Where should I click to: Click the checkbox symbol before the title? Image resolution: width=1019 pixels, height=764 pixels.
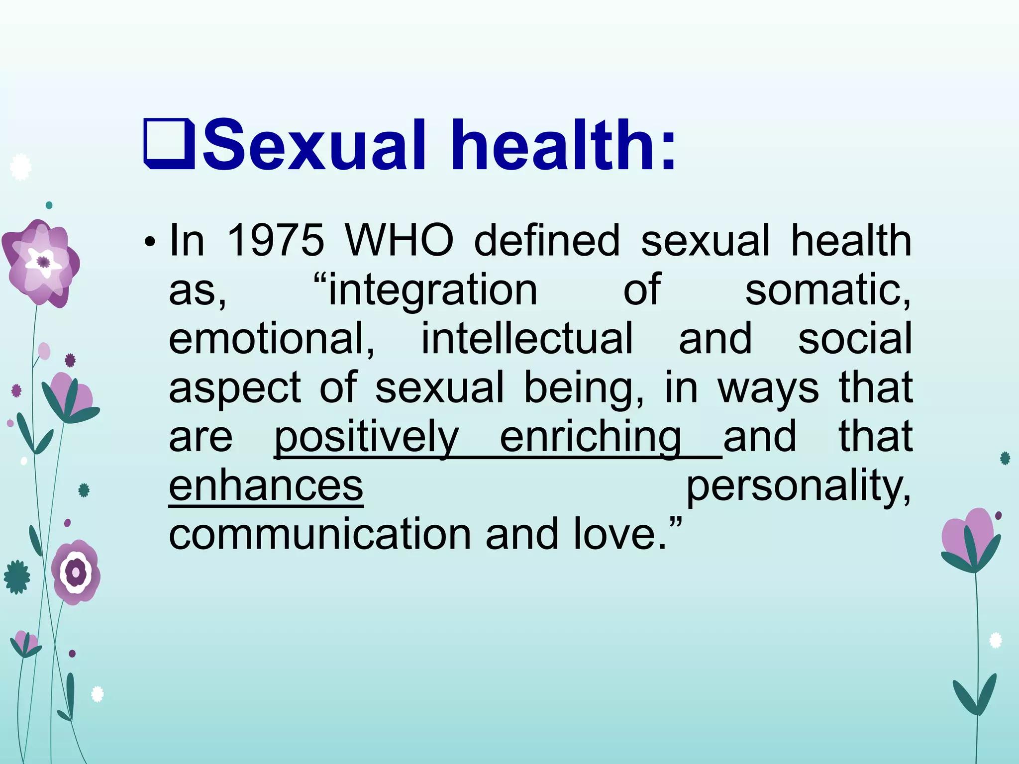coord(169,145)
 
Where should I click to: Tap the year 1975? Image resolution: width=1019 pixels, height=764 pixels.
coord(275,241)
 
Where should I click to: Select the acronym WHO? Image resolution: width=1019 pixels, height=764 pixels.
coord(399,241)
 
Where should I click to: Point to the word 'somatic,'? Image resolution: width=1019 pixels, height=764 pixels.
coord(828,290)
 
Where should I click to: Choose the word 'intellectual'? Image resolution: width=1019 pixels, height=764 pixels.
coord(527,339)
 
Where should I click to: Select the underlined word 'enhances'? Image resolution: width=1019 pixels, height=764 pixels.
coord(266,486)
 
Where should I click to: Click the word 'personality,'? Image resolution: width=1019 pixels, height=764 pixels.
coord(799,486)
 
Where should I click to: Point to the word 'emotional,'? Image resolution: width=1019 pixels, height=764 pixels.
coord(272,339)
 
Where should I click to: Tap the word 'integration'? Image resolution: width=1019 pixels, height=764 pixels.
coord(432,290)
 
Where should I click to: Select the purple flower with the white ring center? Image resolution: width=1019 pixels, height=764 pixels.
coord(76,572)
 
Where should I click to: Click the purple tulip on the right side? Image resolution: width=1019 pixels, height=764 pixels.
coord(970,540)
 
